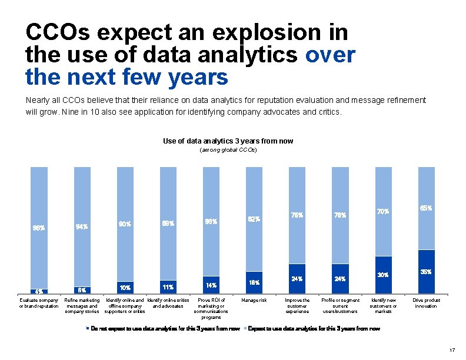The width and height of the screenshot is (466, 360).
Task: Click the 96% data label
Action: pos(39,228)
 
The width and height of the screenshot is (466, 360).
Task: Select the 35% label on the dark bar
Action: pos(426,272)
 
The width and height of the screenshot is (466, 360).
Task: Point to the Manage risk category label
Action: pos(254,301)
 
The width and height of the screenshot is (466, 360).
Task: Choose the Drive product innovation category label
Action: pos(426,303)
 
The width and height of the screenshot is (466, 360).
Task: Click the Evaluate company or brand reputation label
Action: pos(39,303)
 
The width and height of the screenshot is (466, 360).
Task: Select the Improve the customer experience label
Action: pos(297,306)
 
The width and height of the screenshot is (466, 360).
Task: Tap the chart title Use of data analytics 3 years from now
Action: pos(228,141)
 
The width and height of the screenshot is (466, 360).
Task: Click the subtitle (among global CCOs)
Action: pos(228,151)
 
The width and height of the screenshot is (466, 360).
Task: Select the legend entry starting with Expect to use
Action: pos(311,328)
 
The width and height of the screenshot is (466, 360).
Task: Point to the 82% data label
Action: pos(254,219)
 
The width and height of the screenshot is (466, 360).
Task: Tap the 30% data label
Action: pos(383,275)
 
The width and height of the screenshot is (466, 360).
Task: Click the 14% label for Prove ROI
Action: pos(211,285)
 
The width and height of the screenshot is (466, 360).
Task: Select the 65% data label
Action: pos(426,208)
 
